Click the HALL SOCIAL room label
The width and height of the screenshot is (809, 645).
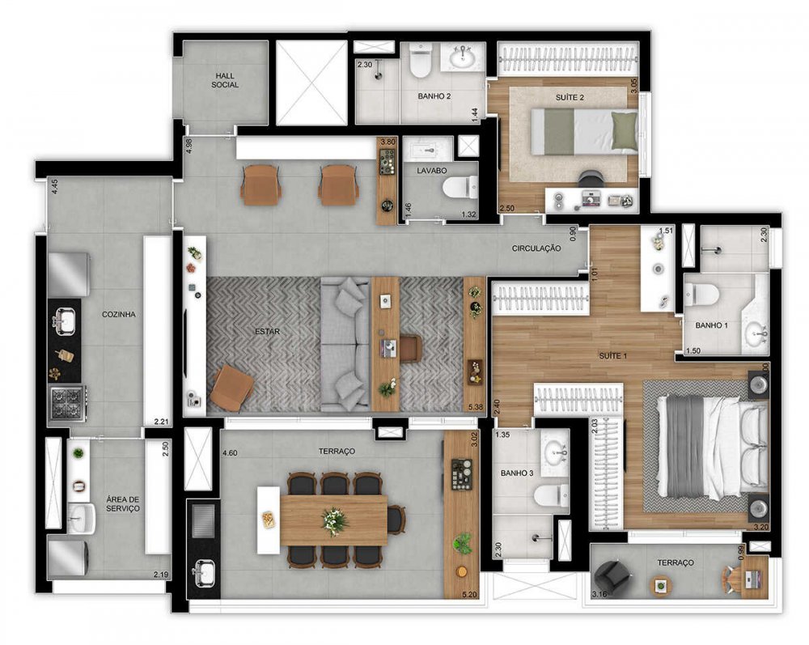coord(225,80)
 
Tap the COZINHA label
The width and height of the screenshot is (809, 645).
coord(119,314)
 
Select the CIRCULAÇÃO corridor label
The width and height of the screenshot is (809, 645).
coord(536,248)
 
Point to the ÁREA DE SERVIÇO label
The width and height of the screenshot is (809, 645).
coord(123,503)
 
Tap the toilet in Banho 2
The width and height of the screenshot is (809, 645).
coord(421,61)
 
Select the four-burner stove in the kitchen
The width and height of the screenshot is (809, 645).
coord(67,403)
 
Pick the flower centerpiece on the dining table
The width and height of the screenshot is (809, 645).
coord(335,520)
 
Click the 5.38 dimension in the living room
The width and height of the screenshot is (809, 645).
coord(476,407)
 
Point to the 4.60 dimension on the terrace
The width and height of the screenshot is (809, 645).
coord(230,453)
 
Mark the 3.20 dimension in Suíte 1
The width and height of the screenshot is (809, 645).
coord(761,527)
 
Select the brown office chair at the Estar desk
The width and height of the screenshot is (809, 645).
coord(411,348)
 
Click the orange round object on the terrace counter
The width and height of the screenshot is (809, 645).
coord(461,571)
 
